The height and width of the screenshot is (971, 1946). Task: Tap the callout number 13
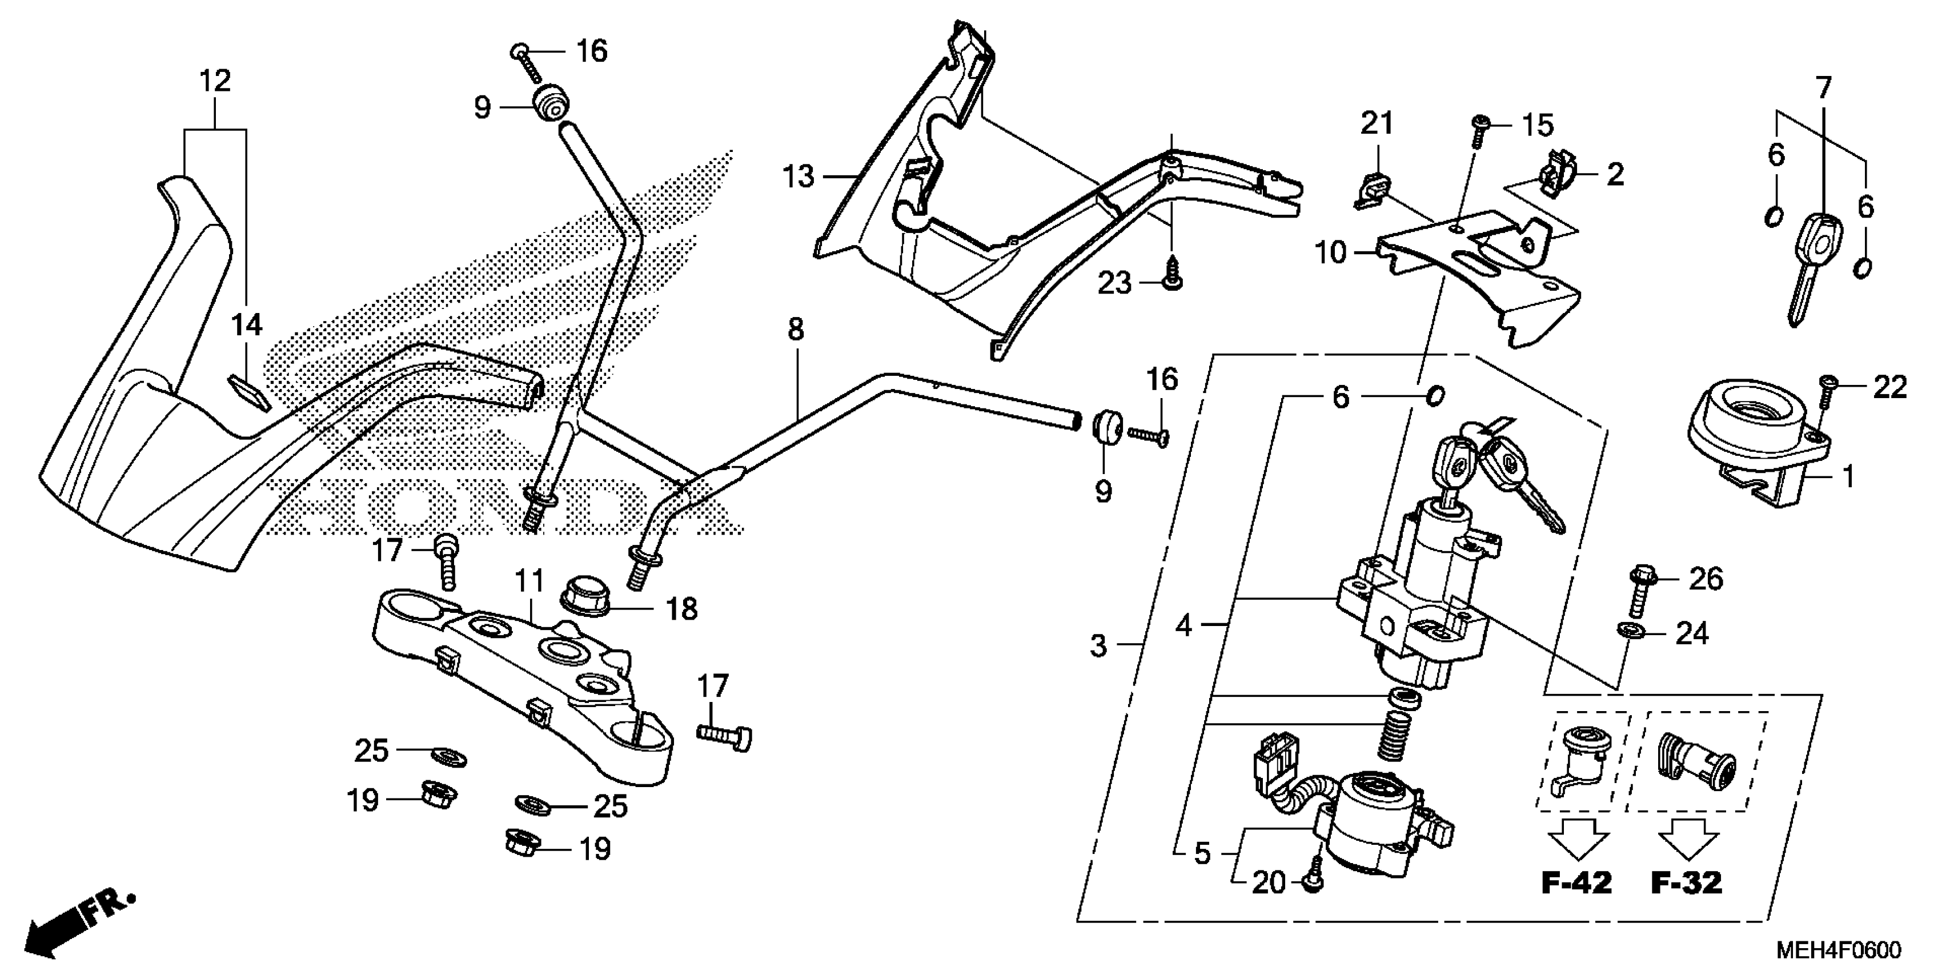coord(799,177)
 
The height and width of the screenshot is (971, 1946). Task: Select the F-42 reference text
coord(1576,882)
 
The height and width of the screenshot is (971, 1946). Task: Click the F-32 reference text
coord(1686,882)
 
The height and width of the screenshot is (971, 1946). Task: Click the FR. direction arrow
coord(79,924)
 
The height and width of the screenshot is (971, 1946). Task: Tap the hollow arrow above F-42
coord(1578,838)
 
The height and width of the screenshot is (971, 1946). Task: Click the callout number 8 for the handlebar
coord(796,330)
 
